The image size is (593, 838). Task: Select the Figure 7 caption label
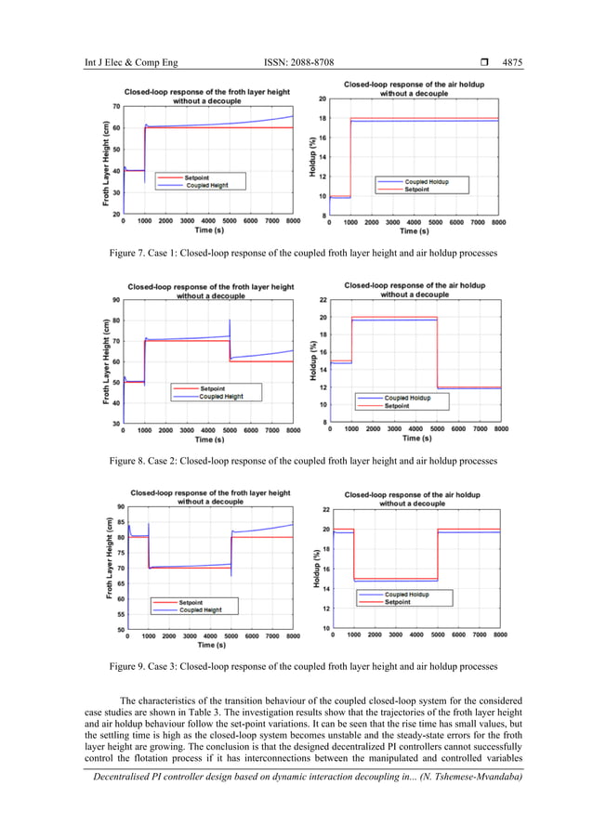pos(135,253)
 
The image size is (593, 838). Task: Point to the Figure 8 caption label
pos(135,460)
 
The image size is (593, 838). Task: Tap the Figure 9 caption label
pos(135,667)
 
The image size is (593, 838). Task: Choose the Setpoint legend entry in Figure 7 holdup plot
pos(416,189)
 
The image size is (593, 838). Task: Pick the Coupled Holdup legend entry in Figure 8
pos(415,398)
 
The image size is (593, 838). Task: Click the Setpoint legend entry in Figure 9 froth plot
pos(196,603)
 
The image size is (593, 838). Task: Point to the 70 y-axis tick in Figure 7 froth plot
pos(117,107)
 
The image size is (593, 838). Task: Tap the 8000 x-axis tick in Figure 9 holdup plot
pos(499,635)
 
